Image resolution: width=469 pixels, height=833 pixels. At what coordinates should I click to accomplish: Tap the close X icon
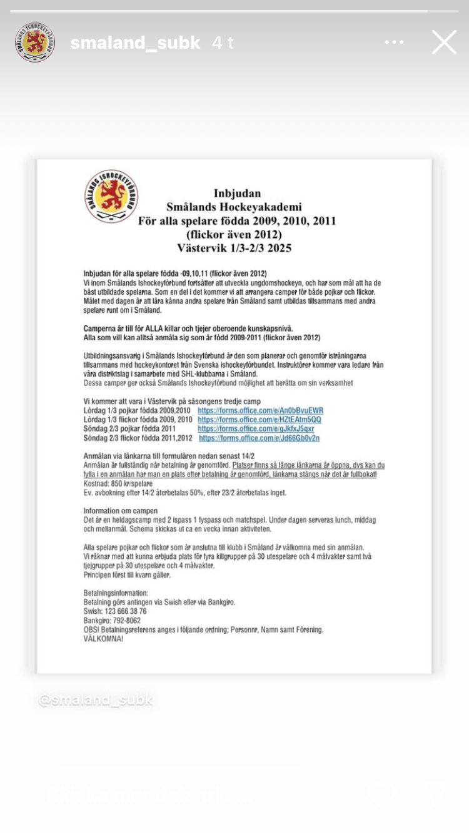coord(444,42)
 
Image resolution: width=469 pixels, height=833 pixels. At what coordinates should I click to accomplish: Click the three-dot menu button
coord(394,42)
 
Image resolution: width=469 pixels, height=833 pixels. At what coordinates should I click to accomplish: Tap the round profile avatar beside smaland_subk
coord(35,42)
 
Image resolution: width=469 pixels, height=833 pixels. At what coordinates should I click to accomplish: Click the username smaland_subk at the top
coord(135,42)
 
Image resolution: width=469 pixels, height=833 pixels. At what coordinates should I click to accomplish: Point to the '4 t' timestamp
coord(223,42)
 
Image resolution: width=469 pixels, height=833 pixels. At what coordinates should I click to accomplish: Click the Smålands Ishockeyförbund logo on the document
coord(111,196)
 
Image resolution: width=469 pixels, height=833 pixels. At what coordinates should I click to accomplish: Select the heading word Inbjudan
coord(237,193)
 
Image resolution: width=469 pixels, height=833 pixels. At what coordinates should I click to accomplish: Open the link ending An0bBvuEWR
coord(260,410)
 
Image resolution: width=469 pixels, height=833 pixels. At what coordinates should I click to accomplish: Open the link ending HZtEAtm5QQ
coord(259,420)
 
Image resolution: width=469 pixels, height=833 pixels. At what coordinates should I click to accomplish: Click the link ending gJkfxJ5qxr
coord(256,429)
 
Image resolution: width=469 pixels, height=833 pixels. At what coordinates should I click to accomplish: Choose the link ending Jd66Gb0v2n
coord(259,438)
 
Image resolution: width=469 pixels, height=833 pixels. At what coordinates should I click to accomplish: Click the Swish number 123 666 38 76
coord(127,611)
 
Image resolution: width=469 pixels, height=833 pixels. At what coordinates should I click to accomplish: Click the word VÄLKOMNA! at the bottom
coord(103,639)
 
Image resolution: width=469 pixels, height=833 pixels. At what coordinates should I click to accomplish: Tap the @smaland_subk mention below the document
coord(96,699)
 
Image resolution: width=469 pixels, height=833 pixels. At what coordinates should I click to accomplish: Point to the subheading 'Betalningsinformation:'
coord(116,593)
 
